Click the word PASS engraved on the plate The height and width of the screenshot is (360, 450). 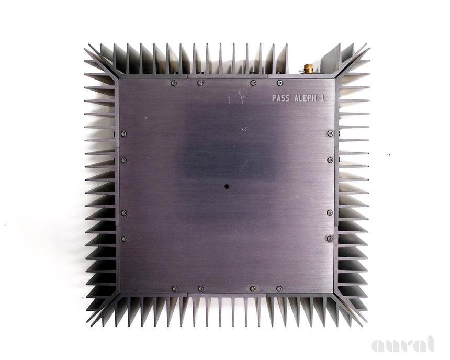click(280, 98)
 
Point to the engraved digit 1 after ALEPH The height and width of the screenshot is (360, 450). click(323, 98)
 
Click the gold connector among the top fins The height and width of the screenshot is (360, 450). click(308, 69)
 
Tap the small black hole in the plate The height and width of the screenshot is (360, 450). click(227, 187)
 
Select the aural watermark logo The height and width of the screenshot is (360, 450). click(402, 344)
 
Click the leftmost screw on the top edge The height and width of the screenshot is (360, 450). click(174, 83)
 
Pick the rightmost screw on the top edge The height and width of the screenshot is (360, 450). click(279, 83)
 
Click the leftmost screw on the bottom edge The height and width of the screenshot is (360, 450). click(174, 288)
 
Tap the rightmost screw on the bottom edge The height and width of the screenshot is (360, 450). click(279, 288)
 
